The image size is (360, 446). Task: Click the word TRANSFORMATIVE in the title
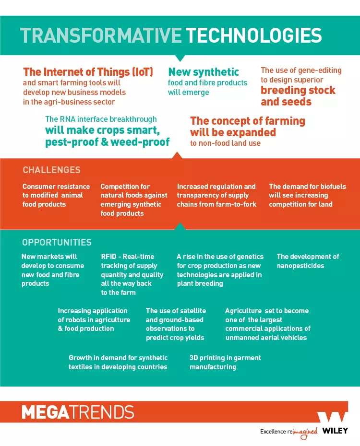(x=101, y=35)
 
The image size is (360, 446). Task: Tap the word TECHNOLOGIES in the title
(x=254, y=35)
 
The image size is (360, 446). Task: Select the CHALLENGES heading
(x=51, y=170)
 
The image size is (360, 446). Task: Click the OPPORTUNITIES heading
(x=57, y=242)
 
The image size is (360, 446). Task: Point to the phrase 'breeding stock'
(x=298, y=90)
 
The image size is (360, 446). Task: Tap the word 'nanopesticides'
(x=300, y=266)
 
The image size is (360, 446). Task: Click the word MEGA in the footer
(x=46, y=412)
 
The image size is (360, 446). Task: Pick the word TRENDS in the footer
(x=102, y=412)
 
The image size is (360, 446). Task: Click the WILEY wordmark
(x=335, y=431)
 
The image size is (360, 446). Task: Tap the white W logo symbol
(x=332, y=417)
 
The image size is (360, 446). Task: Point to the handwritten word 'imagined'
(x=305, y=433)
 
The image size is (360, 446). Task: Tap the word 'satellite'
(x=192, y=311)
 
